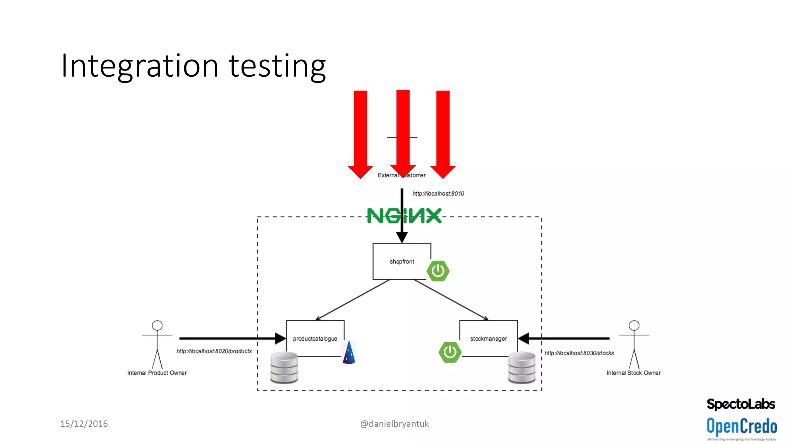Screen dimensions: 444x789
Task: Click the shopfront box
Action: point(401,261)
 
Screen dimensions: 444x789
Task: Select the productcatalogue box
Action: point(315,338)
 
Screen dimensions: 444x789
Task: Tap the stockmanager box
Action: point(488,338)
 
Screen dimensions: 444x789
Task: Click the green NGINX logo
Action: point(404,216)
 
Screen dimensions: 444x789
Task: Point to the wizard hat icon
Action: point(349,352)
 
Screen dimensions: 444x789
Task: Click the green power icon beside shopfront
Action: point(438,271)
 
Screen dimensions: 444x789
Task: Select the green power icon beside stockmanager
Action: point(450,352)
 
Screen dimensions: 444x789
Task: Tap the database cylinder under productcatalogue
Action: point(284,367)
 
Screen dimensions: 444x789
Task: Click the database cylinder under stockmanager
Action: point(522,367)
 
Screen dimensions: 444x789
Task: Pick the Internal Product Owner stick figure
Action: point(157,344)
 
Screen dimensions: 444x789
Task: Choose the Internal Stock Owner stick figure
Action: point(634,344)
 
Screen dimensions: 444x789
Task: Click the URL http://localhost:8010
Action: point(438,193)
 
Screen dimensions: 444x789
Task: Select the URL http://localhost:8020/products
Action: point(214,351)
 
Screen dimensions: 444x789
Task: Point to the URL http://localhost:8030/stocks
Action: point(579,353)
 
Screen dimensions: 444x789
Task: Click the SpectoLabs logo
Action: point(741,404)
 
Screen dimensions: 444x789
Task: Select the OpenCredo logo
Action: point(742,427)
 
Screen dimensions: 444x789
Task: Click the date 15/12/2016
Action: point(84,424)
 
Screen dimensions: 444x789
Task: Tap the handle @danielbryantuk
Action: point(394,424)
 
